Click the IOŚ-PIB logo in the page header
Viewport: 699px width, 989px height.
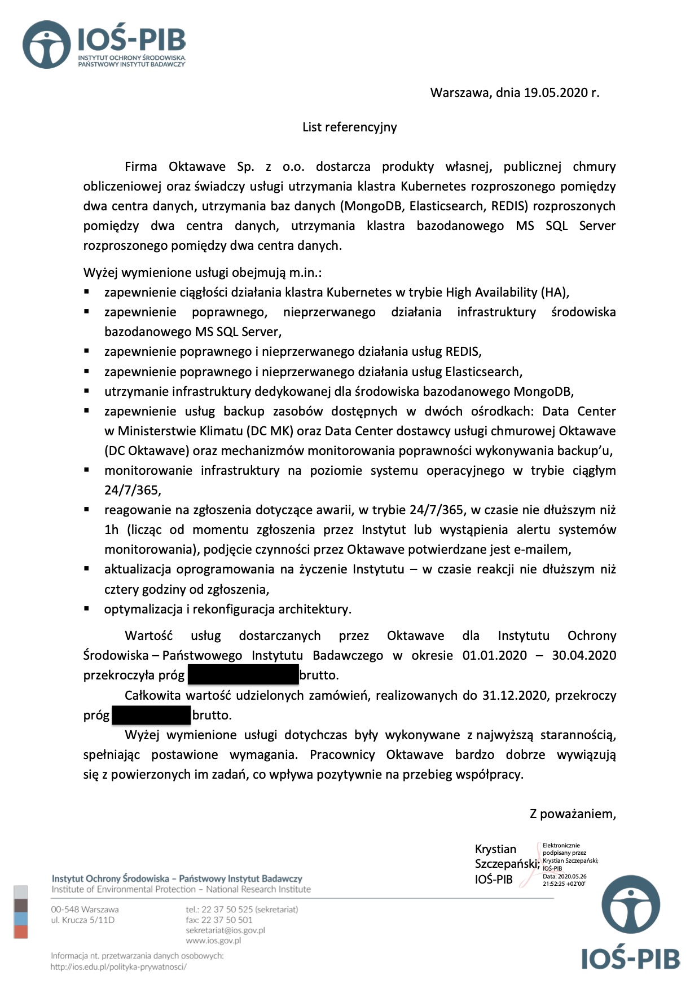(104, 45)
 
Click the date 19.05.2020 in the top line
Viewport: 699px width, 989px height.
(556, 93)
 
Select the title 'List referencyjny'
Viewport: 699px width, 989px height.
(349, 127)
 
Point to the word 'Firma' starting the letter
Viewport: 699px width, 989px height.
(141, 167)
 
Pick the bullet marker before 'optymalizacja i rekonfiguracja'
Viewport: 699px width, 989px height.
(87, 608)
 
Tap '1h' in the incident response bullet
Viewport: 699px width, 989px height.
(112, 530)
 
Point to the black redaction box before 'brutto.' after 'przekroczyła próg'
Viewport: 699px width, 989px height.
(243, 675)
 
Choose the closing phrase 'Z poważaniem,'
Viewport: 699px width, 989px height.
(572, 814)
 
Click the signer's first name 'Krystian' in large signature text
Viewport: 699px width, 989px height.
(495, 849)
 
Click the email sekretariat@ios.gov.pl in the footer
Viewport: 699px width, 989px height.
(225, 930)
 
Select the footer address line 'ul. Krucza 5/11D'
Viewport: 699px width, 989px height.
(82, 920)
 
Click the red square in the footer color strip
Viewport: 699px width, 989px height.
(21, 932)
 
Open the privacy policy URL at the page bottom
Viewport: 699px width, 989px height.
(118, 966)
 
